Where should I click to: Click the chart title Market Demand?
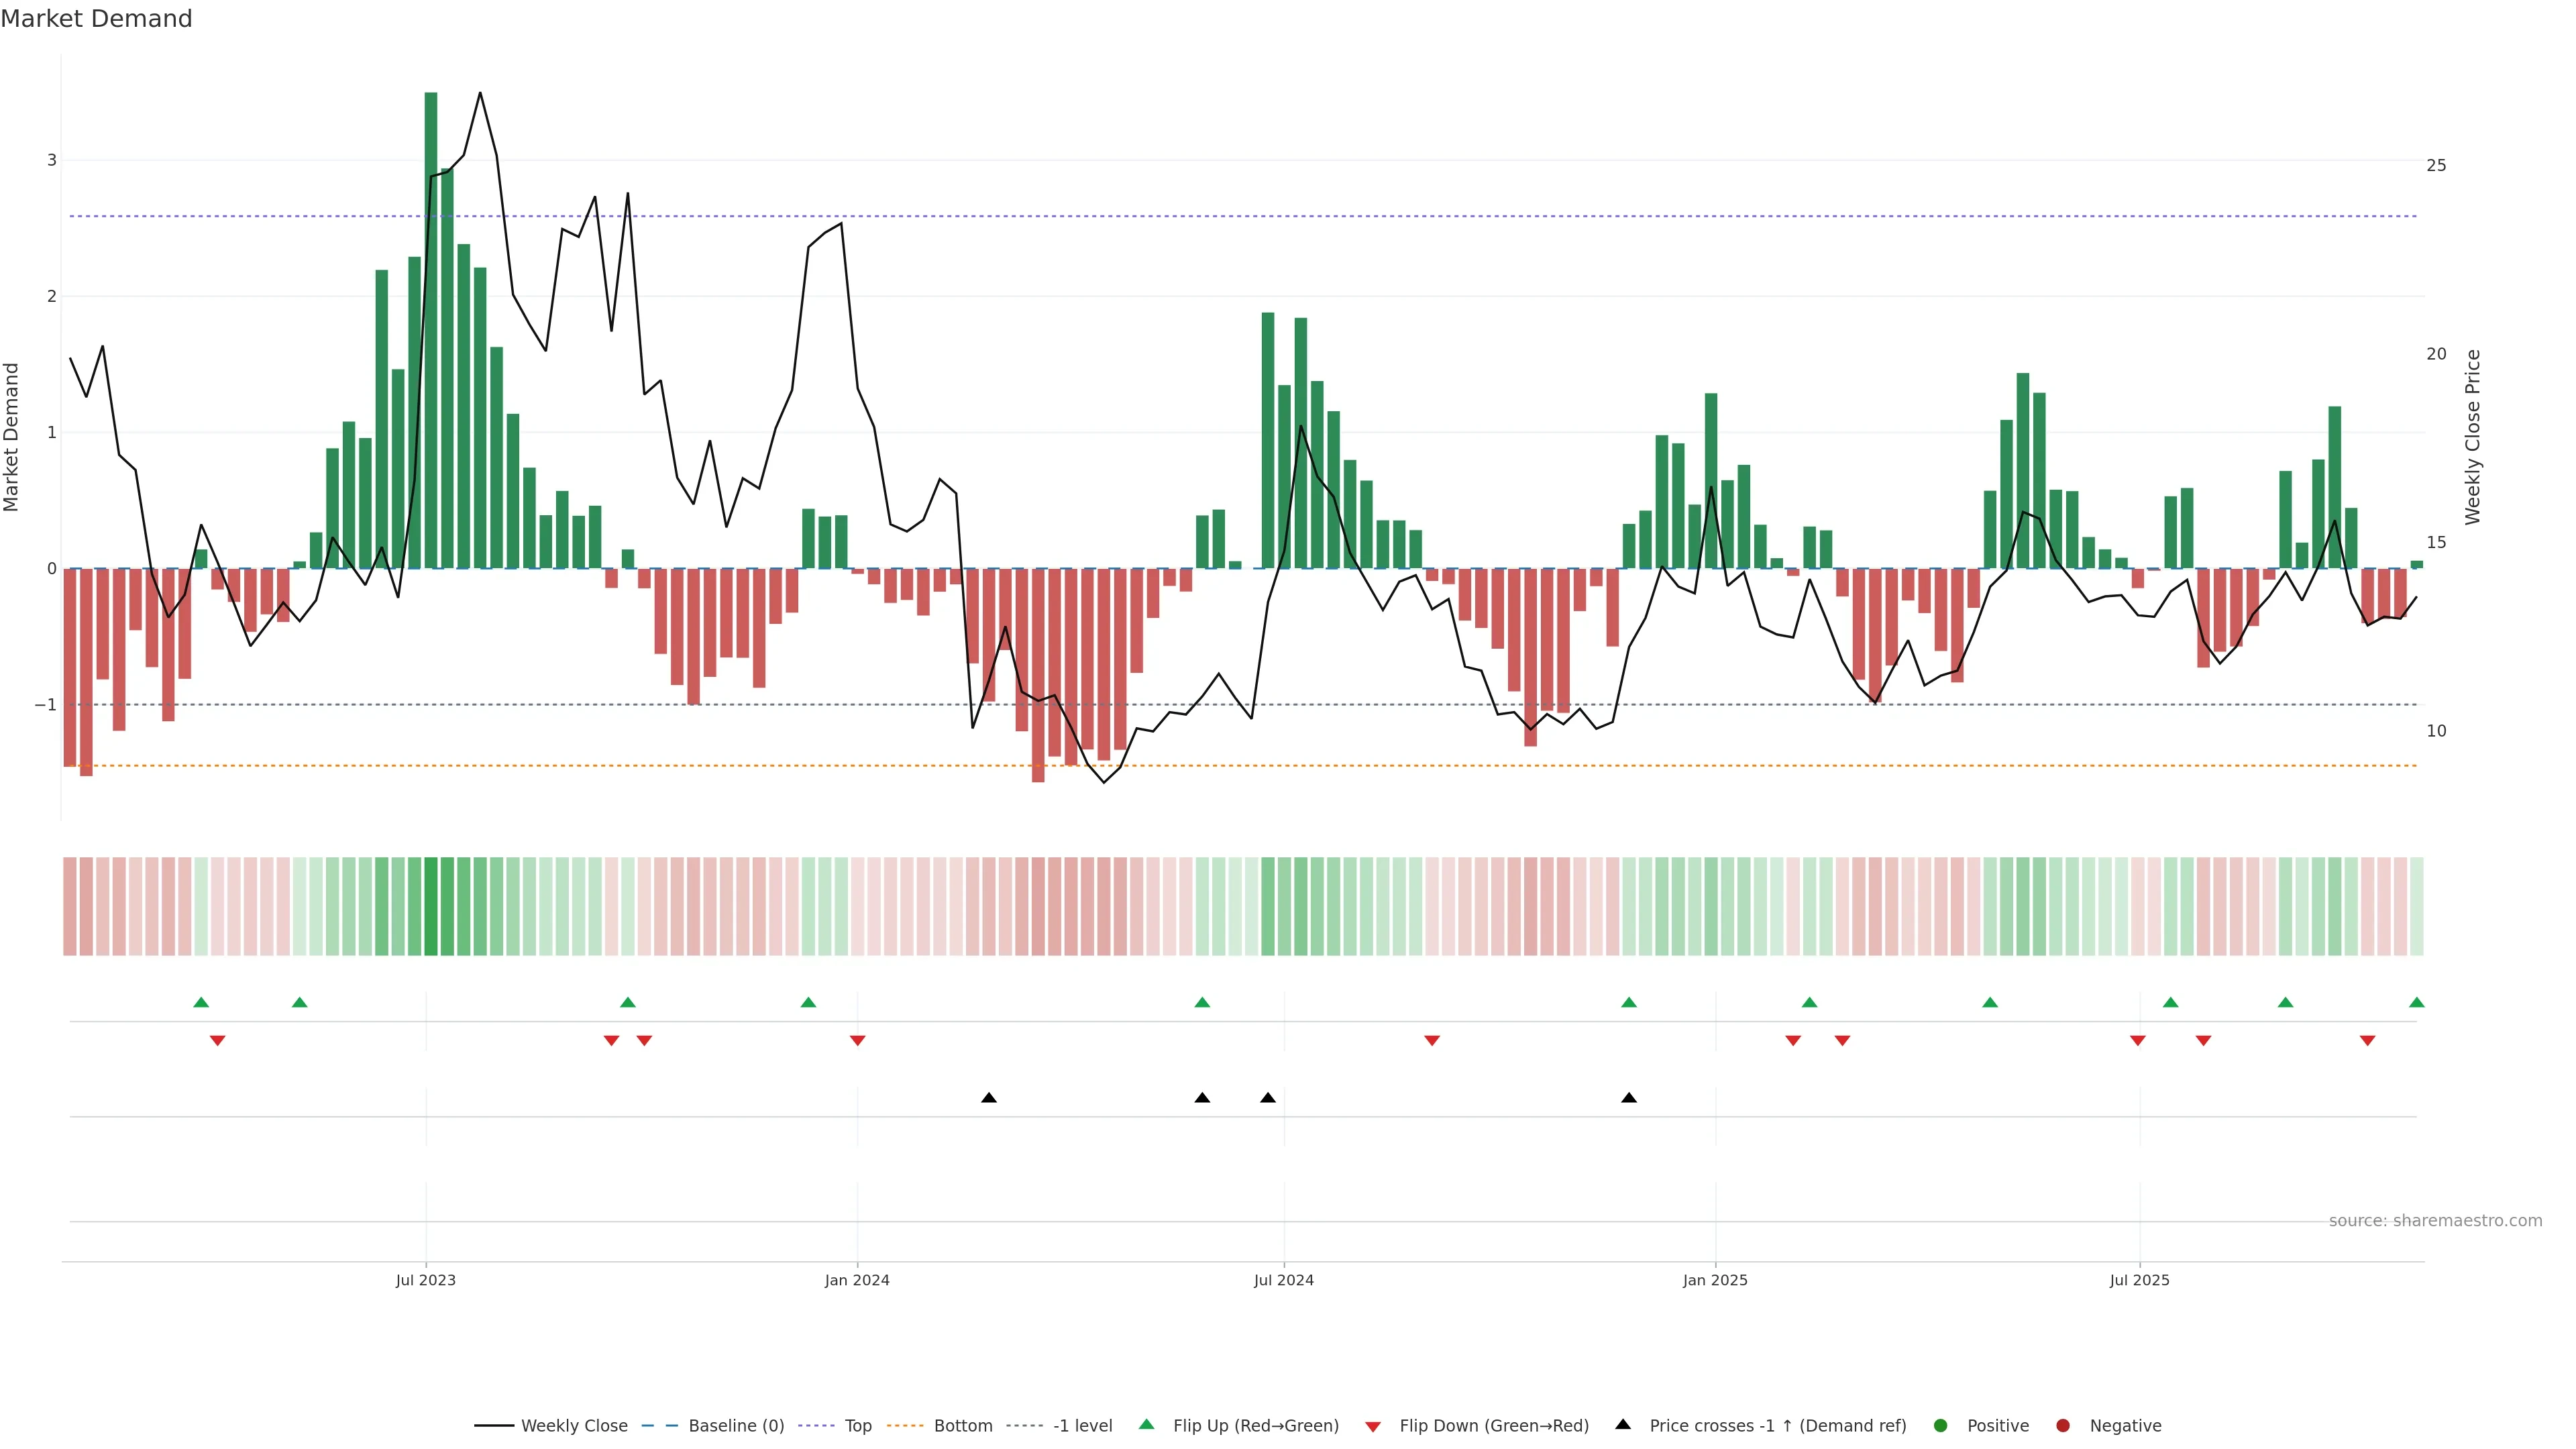point(96,19)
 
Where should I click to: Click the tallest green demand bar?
point(431,330)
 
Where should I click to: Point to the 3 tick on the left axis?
point(52,160)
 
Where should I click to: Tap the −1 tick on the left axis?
point(46,705)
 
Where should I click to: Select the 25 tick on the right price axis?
point(2436,165)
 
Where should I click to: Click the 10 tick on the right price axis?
point(2436,731)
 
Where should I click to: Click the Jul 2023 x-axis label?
point(425,1280)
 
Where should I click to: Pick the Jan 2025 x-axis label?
point(1715,1280)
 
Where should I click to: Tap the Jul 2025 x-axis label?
point(2139,1280)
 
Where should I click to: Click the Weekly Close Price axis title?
point(2472,437)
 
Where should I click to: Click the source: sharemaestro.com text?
point(2435,1221)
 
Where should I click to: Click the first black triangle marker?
point(989,1098)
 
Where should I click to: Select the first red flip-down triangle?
point(217,1041)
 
